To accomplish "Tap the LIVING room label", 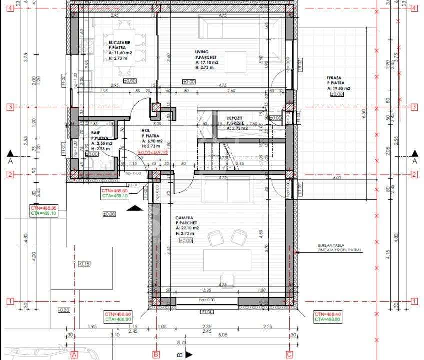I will click(202, 51).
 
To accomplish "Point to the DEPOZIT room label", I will click(235, 118).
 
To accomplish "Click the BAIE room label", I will click(95, 133).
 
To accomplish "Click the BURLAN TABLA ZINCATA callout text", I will click(339, 248).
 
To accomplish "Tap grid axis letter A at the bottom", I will click(74, 354).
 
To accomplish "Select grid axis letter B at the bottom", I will click(156, 354).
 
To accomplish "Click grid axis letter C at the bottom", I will click(289, 354).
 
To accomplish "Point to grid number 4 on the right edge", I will click(414, 8).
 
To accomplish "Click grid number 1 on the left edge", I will click(9, 301).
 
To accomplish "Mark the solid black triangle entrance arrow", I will click(133, 209).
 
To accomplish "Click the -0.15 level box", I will click(84, 264).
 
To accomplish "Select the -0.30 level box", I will click(64, 310).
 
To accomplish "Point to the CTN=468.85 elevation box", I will click(43, 210).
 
